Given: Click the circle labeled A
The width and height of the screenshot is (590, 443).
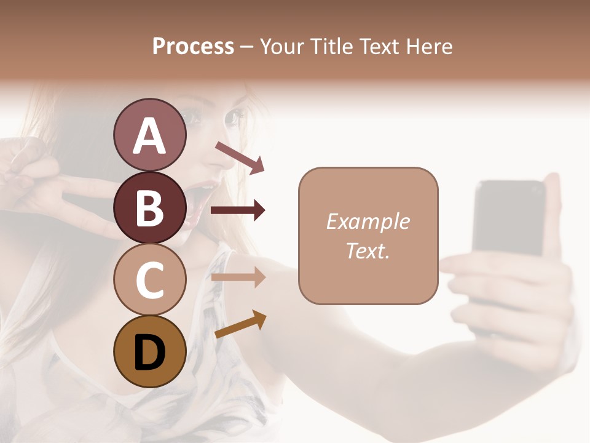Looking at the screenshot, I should pos(149,135).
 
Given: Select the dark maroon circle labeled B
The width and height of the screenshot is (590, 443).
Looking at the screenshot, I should pos(149,207).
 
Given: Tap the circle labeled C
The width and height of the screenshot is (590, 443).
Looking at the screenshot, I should pos(149,279).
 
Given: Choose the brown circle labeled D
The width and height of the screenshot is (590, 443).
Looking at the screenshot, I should pos(149,351).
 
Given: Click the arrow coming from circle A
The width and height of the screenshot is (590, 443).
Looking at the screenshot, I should pos(240,157).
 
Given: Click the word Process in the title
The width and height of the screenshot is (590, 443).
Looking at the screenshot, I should pos(193,46).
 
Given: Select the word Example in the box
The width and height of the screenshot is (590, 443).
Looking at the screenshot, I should pos(368,221).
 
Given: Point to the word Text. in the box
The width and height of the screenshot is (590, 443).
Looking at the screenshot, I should pos(368,250).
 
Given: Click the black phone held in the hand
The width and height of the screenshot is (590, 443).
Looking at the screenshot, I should pos(509,221).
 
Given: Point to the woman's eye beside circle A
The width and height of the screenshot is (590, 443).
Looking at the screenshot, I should pos(235,116).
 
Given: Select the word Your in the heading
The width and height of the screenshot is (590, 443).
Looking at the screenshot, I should pos(281,46).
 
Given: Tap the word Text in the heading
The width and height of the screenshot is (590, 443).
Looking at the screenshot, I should pos(380,46).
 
